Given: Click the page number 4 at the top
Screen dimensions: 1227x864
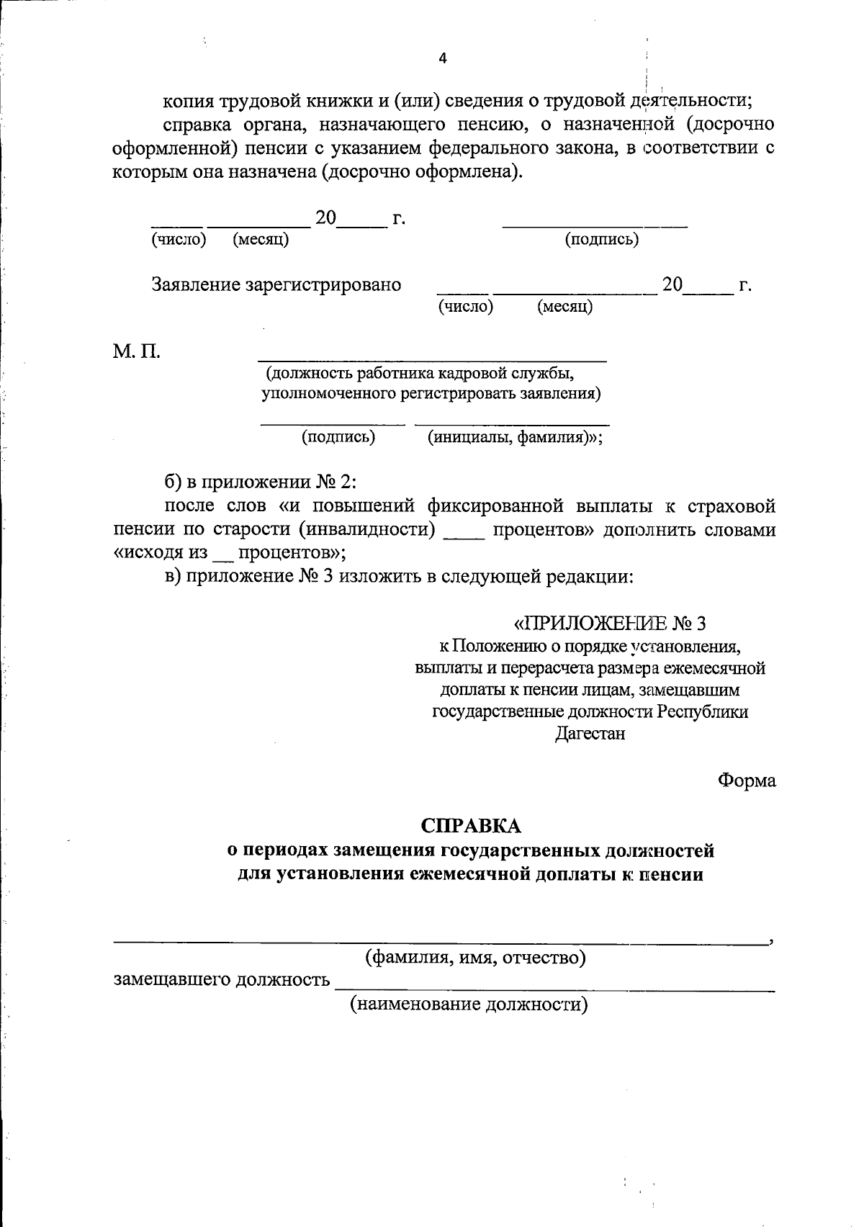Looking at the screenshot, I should click(x=443, y=59).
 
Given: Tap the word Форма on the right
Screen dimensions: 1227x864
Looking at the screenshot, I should click(x=747, y=781).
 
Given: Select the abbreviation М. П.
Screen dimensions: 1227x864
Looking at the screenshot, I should click(x=137, y=352).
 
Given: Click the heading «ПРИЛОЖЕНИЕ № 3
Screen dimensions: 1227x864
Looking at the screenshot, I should click(x=610, y=622).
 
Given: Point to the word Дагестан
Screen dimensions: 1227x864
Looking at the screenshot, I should click(x=590, y=734).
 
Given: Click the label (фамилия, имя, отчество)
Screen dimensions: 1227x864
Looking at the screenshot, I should click(x=475, y=958).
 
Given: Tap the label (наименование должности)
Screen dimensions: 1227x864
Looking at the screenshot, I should click(x=469, y=1004).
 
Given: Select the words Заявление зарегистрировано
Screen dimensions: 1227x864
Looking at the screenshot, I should click(x=276, y=284).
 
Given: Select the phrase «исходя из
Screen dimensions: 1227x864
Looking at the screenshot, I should click(x=161, y=553).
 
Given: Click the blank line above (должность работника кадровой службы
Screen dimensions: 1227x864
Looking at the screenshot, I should click(x=432, y=359).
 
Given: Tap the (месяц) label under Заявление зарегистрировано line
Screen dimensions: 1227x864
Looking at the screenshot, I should click(x=564, y=307).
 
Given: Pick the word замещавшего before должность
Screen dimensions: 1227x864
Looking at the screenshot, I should click(x=173, y=981).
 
